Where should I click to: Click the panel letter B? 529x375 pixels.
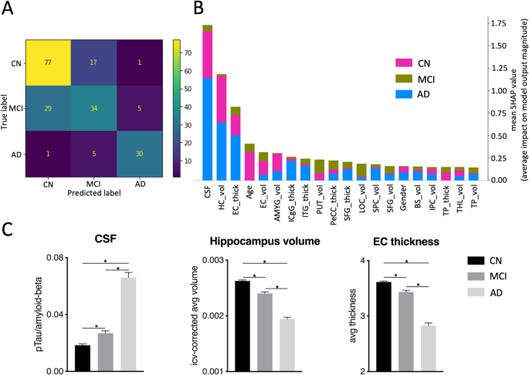tap(198, 10)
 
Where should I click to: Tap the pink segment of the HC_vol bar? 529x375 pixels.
tap(222, 100)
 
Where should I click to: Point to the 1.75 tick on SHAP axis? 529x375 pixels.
tap(496, 25)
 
